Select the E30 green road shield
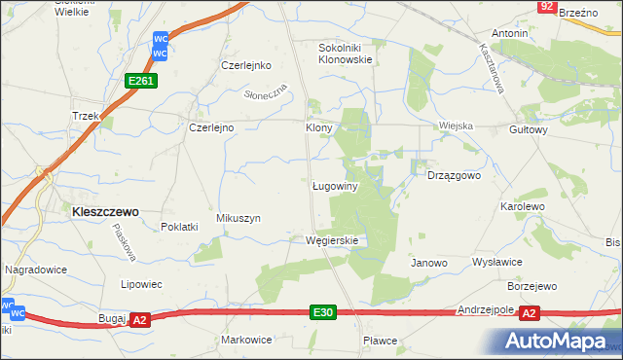pyautogui.click(x=324, y=312)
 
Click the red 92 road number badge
pyautogui.click(x=546, y=7)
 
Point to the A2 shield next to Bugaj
pyautogui.click(x=139, y=319)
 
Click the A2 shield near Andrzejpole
pyautogui.click(x=529, y=313)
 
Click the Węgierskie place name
pyautogui.click(x=332, y=240)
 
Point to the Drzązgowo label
pyautogui.click(x=455, y=176)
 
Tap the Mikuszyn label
pyautogui.click(x=238, y=219)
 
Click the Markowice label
pyautogui.click(x=246, y=340)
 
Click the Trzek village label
pyautogui.click(x=87, y=116)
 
